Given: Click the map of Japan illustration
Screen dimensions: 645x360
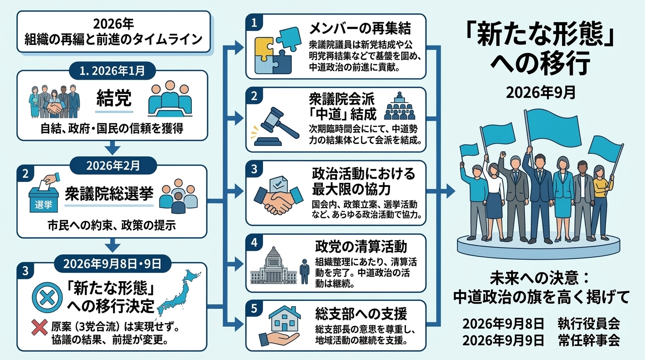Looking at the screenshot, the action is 179,292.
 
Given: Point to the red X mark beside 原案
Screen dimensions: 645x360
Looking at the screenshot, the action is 39,328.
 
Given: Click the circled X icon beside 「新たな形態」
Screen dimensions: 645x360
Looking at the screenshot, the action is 47,298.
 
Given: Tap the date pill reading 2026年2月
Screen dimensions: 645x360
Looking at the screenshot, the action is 113,165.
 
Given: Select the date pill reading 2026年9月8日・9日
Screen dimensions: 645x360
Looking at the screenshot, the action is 112,263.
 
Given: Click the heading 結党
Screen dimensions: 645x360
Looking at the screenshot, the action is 114,98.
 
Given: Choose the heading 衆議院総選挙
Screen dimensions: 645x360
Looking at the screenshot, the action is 109,193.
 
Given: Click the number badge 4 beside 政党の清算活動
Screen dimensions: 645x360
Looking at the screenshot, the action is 254,242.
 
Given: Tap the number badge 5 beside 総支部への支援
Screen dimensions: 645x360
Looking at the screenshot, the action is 254,308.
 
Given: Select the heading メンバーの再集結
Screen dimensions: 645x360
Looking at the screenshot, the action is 360,29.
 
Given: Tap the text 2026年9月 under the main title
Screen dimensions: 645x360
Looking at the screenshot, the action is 541,93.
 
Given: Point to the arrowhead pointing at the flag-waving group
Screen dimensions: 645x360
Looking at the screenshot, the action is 450,191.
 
